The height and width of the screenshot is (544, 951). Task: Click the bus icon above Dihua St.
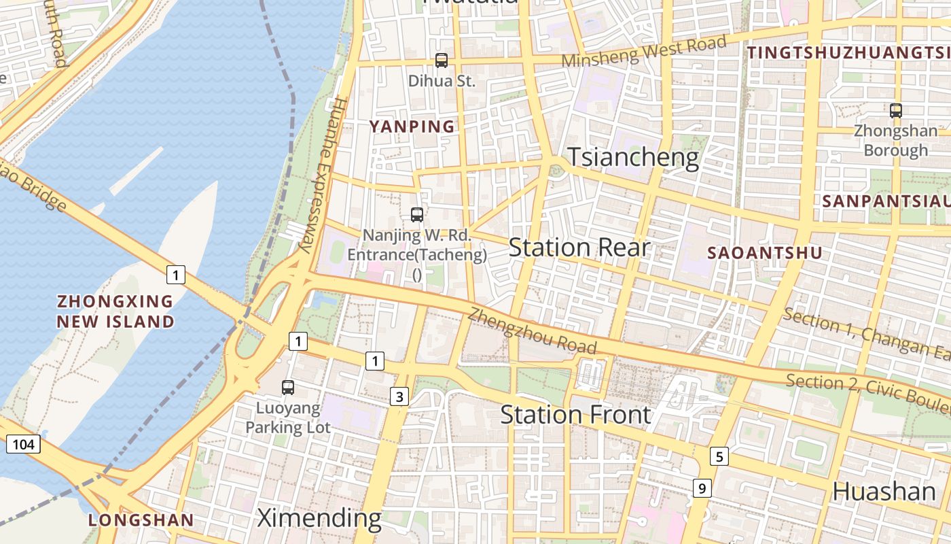(x=442, y=61)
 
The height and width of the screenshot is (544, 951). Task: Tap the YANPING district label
(x=412, y=126)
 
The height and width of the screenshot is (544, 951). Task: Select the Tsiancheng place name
(x=633, y=157)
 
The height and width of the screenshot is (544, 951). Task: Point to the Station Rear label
(x=579, y=248)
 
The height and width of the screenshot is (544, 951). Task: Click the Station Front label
(x=576, y=414)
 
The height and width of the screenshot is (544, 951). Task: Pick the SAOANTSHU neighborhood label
(x=765, y=253)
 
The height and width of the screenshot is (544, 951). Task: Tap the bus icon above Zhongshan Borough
(x=896, y=110)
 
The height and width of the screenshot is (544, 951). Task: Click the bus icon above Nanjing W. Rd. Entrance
(x=417, y=215)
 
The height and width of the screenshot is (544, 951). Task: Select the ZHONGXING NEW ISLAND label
(x=115, y=311)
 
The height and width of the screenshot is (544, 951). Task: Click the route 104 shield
(x=24, y=445)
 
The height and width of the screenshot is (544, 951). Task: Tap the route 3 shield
(x=399, y=397)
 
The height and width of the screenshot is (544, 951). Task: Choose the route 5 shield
(x=719, y=456)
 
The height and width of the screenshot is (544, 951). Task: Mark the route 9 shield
(x=702, y=488)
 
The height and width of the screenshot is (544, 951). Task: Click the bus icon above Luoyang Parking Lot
(x=288, y=388)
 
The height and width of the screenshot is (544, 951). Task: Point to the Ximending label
(x=319, y=518)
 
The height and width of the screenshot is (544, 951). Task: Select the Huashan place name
(x=884, y=491)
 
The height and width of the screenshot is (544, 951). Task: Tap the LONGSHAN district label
(x=141, y=521)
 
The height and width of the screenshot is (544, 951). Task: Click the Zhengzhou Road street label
(x=533, y=331)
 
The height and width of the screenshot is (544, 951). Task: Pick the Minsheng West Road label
(x=643, y=51)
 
